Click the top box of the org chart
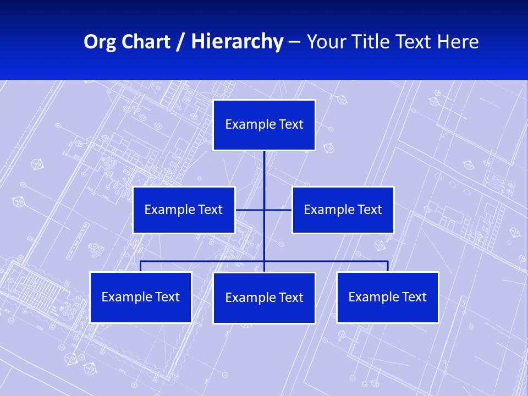coord(264,125)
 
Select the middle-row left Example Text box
coord(184,210)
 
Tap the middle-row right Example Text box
coord(343,210)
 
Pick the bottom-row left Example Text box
coord(140,297)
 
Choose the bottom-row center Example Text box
coord(264,298)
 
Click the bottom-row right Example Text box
coord(387,297)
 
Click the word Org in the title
coord(100,42)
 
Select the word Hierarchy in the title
coord(237,42)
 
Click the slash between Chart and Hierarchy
coord(180,42)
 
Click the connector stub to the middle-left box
coord(249,210)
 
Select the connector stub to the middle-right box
coord(278,210)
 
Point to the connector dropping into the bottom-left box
coord(141,266)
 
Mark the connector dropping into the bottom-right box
coord(388,266)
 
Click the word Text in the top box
coord(291,124)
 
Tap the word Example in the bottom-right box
coord(371,297)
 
